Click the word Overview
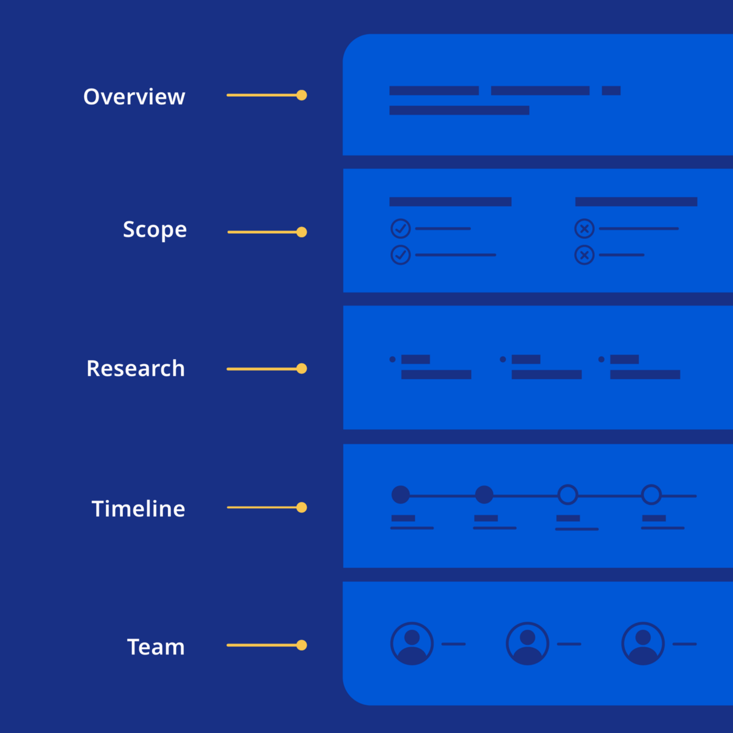click(134, 97)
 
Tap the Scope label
click(154, 230)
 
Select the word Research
click(136, 368)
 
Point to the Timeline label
click(138, 508)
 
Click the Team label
click(156, 647)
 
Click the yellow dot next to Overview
click(302, 95)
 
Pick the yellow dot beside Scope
click(302, 232)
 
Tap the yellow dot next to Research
click(302, 368)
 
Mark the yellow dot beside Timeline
click(302, 508)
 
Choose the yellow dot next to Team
click(302, 645)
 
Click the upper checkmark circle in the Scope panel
click(401, 229)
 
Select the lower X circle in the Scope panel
click(584, 255)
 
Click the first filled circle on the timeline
click(401, 494)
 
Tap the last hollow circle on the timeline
click(651, 494)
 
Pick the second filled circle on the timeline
click(484, 494)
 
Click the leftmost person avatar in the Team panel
click(412, 644)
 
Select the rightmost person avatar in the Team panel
click(643, 644)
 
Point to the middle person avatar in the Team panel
click(527, 644)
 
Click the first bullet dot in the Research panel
click(393, 359)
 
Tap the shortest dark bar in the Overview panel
click(611, 91)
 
